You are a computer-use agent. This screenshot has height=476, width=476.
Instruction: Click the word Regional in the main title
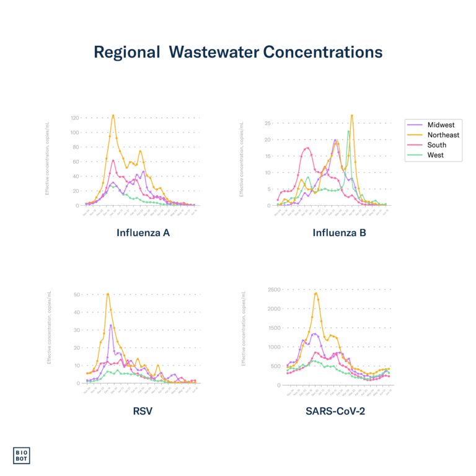point(126,53)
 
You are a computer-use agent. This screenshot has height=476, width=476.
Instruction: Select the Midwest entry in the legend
point(441,125)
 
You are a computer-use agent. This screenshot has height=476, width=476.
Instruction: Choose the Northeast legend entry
point(443,135)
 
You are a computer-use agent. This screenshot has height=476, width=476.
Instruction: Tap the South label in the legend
point(436,145)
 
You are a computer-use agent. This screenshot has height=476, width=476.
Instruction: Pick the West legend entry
point(435,155)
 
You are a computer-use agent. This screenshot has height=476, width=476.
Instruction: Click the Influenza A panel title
point(143,234)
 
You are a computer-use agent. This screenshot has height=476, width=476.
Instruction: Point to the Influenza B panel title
point(339,234)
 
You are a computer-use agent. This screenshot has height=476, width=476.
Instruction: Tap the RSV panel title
point(143,410)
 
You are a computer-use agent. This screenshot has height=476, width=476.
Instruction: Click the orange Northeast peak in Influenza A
point(113,115)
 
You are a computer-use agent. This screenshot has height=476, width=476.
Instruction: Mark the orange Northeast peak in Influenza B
point(352,115)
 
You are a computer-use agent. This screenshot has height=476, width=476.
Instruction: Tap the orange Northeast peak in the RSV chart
point(108,293)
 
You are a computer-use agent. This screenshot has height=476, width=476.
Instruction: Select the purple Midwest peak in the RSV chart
point(110,325)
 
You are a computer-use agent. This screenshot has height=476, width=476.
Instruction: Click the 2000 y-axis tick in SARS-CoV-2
point(273,308)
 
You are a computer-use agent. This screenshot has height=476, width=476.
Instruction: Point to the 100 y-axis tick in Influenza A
point(75,133)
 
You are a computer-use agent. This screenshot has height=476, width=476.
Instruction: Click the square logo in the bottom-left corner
point(21,456)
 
